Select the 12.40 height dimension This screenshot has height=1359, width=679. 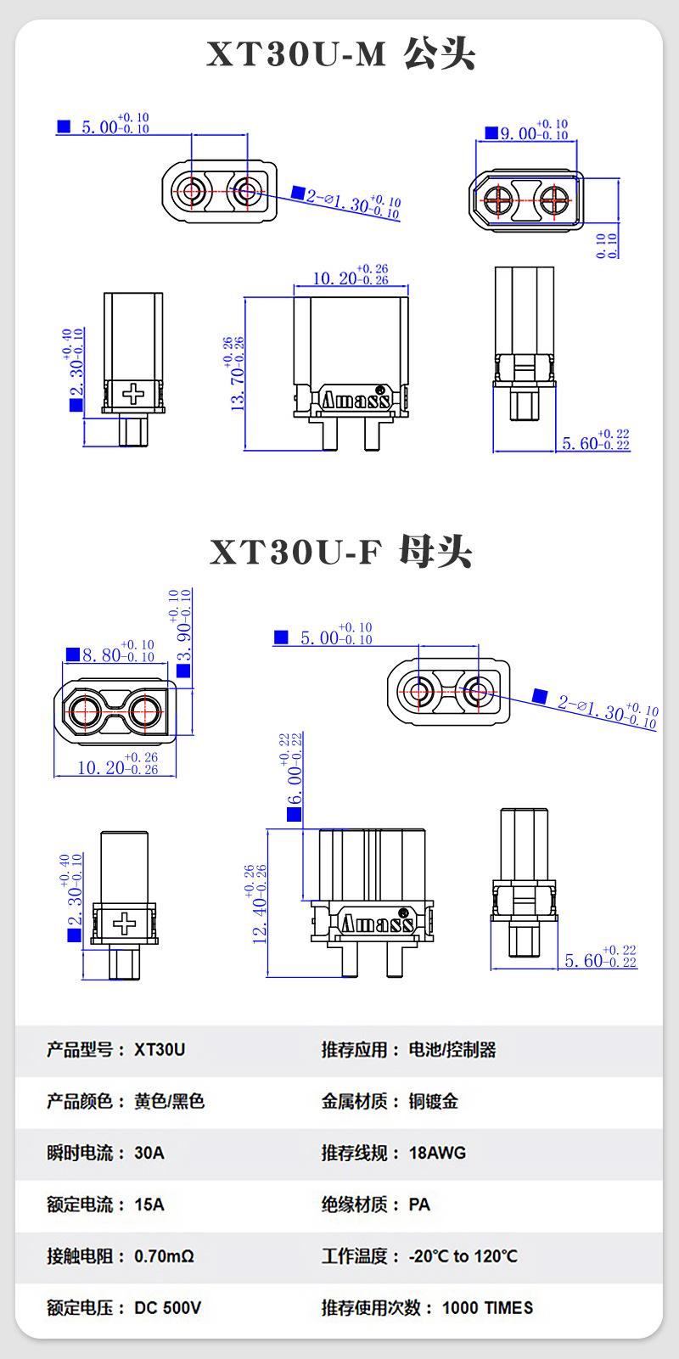click(259, 904)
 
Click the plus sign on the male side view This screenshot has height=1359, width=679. click(133, 394)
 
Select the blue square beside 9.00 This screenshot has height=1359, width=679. click(491, 133)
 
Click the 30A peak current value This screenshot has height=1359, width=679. click(149, 1153)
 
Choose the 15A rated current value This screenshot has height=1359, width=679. click(149, 1205)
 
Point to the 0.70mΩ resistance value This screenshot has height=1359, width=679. click(164, 1255)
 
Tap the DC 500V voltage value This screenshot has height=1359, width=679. click(167, 1307)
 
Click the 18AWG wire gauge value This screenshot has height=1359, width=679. click(437, 1153)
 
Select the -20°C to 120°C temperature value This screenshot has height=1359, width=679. click(463, 1255)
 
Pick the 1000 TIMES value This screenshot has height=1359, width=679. click(487, 1307)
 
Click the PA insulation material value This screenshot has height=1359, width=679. click(419, 1205)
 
